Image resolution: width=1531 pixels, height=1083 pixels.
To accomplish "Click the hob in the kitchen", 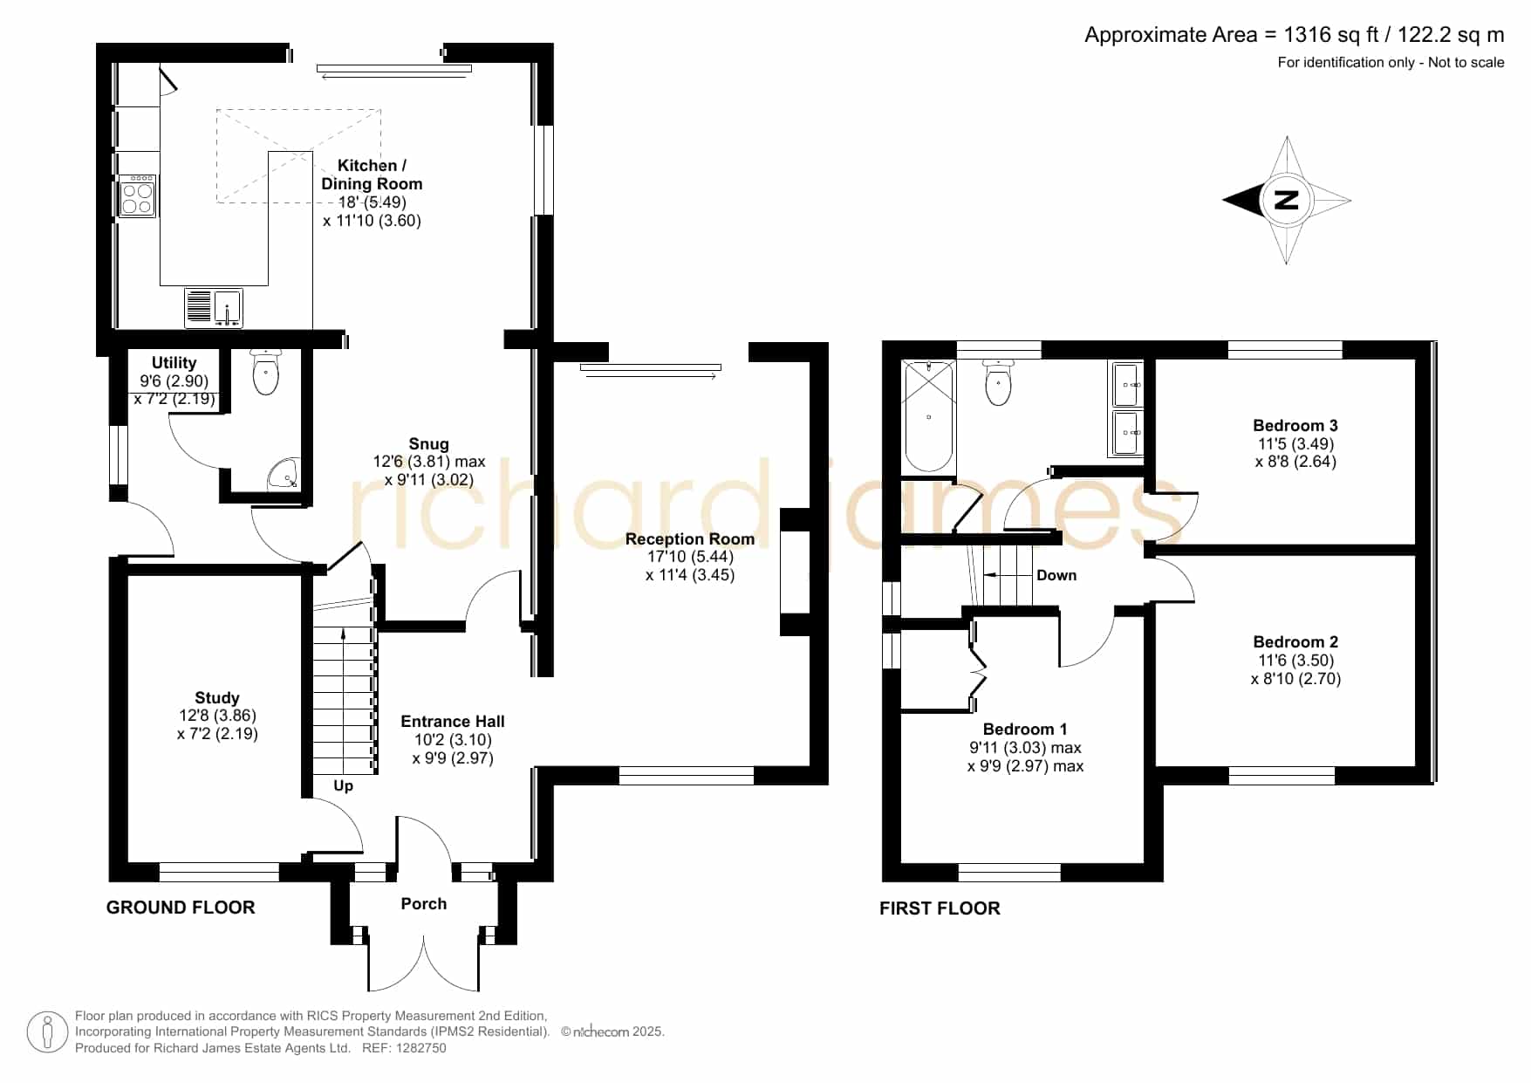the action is coord(137,196).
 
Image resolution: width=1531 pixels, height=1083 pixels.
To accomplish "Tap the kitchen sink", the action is coord(214,308).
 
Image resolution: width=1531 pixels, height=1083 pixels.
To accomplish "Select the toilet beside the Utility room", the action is coord(265,373).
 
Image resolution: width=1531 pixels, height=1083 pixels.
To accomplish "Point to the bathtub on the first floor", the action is coord(929,417).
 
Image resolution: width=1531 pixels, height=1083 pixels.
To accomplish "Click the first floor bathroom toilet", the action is coord(999,382).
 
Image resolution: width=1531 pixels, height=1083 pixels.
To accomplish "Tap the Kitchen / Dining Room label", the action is coord(372,175).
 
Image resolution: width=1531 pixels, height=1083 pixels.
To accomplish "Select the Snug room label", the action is coord(429,443).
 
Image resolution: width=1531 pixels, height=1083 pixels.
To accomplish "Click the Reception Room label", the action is coord(690,539).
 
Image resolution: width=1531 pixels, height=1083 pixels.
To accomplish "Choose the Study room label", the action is coord(217,698).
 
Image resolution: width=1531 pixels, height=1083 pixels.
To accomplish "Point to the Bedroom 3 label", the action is coord(1295,426).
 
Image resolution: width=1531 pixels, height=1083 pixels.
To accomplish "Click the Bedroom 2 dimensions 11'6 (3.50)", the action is coord(1295,661).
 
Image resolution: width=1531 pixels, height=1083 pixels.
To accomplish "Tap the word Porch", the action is coord(424,904).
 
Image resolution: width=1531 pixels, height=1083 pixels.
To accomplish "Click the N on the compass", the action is coord(1287,200).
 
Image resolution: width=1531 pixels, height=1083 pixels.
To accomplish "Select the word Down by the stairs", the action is coord(1056,575).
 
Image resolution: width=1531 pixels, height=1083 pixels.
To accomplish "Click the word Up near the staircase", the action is coord(344,786).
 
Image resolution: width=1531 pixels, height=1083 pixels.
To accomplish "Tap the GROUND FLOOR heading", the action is coord(181,908).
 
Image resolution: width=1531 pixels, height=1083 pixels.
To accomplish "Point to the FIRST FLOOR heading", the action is coord(940,908).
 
